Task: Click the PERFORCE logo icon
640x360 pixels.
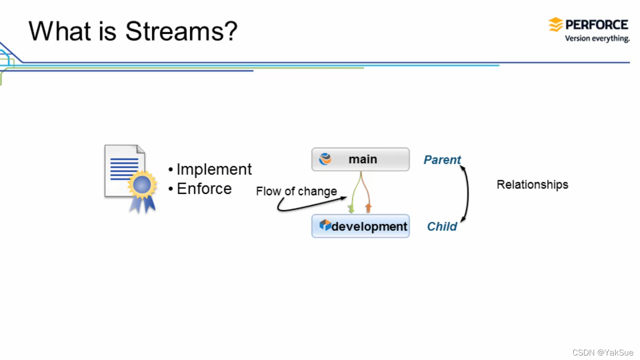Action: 556,24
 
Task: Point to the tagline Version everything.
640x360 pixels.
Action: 597,39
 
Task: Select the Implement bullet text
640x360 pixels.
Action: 214,169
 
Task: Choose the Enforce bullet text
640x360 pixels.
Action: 204,189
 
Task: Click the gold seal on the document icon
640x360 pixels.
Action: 142,184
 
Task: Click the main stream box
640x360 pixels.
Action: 360,159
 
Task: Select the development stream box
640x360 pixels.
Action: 360,226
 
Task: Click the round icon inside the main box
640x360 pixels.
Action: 325,159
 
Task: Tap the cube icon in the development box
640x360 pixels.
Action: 325,225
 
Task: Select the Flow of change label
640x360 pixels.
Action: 296,192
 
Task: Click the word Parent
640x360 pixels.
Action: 442,160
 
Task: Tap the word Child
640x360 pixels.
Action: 442,227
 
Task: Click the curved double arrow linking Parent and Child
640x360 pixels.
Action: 467,193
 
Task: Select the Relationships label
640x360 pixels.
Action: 532,184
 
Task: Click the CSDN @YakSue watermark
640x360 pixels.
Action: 603,352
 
